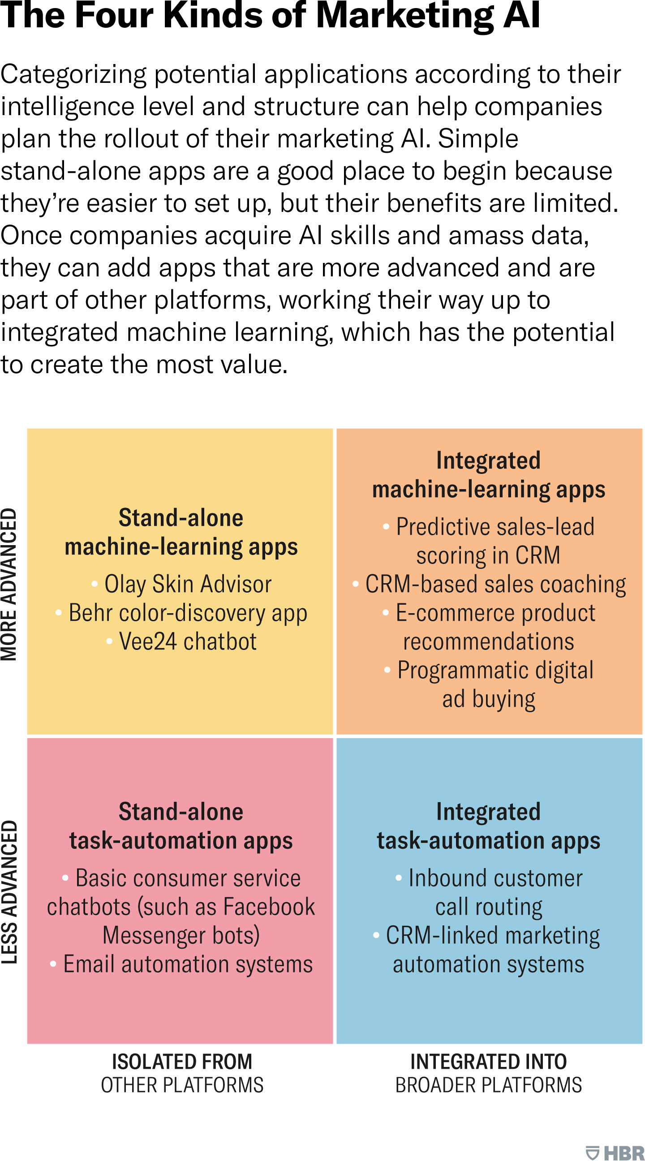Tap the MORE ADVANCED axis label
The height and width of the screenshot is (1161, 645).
[x=9, y=585]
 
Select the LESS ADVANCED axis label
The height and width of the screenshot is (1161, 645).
[x=9, y=892]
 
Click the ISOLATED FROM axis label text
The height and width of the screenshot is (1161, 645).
[x=182, y=1062]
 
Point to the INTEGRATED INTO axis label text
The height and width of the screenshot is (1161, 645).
[x=489, y=1062]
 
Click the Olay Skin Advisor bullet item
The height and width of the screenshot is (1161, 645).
[x=182, y=584]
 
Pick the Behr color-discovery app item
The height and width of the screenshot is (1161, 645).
[x=182, y=613]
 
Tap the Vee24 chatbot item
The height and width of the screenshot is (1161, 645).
[x=182, y=641]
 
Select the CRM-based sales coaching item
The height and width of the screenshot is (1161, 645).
[x=489, y=584]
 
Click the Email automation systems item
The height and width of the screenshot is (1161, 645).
[x=182, y=964]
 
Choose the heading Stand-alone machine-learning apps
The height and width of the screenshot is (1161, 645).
[x=181, y=532]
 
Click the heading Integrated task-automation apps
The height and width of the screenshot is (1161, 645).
[x=489, y=826]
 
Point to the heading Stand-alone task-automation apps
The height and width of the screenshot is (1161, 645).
[x=181, y=826]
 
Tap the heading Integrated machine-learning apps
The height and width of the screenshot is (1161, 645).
[x=489, y=475]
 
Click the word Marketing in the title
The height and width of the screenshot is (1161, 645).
[x=405, y=16]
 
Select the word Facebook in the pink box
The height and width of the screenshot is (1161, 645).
[x=269, y=906]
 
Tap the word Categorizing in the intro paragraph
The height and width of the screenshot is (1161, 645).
[x=73, y=74]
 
